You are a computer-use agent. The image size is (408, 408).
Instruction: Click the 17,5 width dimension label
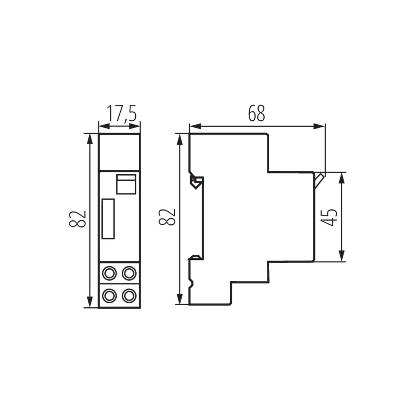pyautogui.click(x=121, y=114)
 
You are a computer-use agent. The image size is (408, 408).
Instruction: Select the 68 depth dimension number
pyautogui.click(x=256, y=113)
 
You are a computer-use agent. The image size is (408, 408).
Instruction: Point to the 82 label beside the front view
pyautogui.click(x=78, y=219)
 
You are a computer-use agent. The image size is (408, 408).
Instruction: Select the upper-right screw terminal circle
pyautogui.click(x=129, y=273)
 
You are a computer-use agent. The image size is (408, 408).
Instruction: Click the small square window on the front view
pyautogui.click(x=126, y=184)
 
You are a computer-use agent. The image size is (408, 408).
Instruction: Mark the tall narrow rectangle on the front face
pyautogui.click(x=108, y=219)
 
